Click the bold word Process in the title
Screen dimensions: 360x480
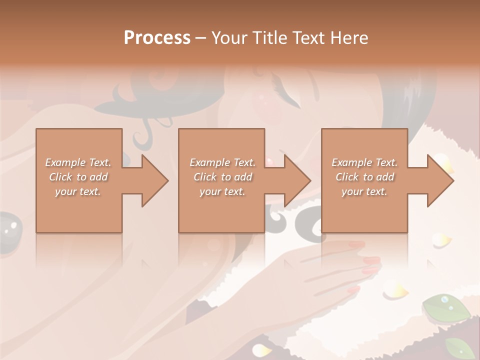157,38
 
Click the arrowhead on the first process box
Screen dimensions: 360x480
152,180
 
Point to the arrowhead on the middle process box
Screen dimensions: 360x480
295,180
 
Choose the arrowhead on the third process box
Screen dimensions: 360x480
438,180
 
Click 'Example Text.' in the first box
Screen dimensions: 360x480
78,162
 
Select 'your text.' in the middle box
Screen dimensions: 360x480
222,191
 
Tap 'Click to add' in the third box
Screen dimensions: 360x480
364,177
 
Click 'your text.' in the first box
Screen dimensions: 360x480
78,191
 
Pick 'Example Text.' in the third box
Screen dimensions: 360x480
364,162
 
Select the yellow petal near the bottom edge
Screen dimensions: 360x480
261,349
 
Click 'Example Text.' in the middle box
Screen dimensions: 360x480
222,162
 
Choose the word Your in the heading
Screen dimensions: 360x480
229,38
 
